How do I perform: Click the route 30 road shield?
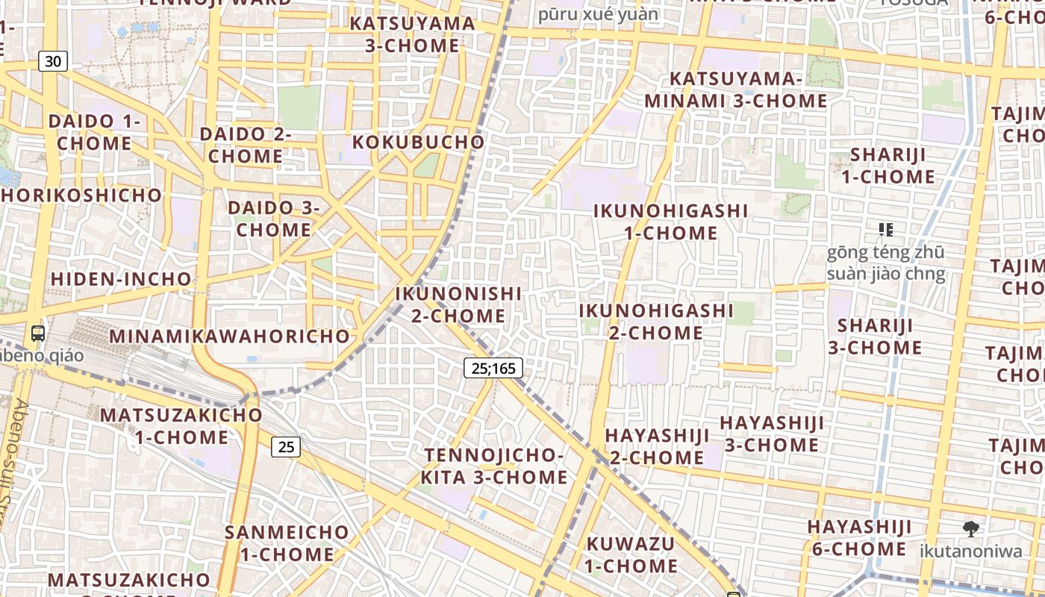pyautogui.click(x=53, y=61)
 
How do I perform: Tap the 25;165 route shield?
pyautogui.click(x=493, y=367)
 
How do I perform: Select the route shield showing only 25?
pyautogui.click(x=286, y=447)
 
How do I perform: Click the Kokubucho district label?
pyautogui.click(x=418, y=142)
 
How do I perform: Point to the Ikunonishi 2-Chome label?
pyautogui.click(x=458, y=304)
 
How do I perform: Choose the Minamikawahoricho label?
pyautogui.click(x=230, y=336)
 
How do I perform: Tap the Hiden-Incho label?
pyautogui.click(x=121, y=279)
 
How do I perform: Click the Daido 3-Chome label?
pyautogui.click(x=274, y=219)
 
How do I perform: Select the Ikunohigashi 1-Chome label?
pyautogui.click(x=670, y=222)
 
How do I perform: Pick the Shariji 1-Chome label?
pyautogui.click(x=888, y=166)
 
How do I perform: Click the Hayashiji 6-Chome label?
pyautogui.click(x=859, y=538)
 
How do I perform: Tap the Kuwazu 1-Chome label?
pyautogui.click(x=631, y=554)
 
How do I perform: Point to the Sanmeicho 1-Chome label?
pyautogui.click(x=287, y=543)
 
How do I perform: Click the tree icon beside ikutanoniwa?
pyautogui.click(x=970, y=529)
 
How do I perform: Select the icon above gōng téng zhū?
pyautogui.click(x=885, y=229)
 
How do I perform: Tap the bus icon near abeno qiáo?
pyautogui.click(x=38, y=334)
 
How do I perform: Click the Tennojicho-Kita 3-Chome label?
pyautogui.click(x=494, y=466)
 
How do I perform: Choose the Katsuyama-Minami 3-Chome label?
pyautogui.click(x=736, y=90)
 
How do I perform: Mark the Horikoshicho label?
pyautogui.click(x=81, y=196)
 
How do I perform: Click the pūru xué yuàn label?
pyautogui.click(x=599, y=13)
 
